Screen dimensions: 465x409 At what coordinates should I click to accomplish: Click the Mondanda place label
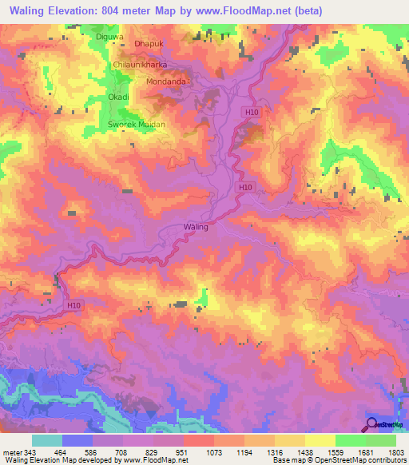[166, 81]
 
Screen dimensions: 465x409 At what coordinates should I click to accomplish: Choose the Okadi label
[119, 97]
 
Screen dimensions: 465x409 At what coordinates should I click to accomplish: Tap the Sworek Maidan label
[137, 125]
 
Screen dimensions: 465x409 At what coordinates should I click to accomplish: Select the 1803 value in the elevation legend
[395, 452]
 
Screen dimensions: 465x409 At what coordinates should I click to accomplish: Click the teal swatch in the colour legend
[46, 440]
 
